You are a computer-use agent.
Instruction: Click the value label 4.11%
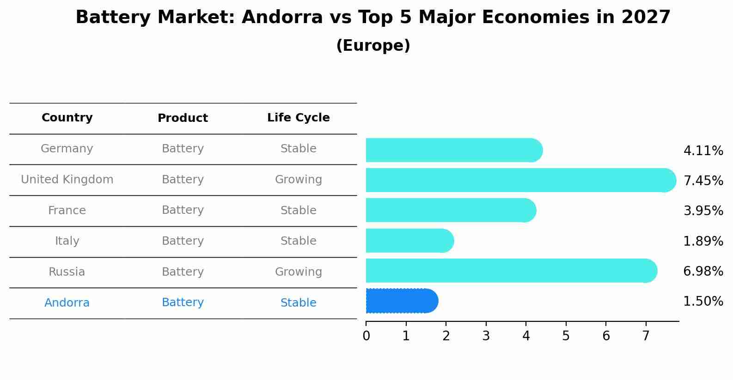click(x=703, y=151)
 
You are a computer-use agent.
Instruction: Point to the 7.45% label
click(x=703, y=181)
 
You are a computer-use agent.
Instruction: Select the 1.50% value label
click(x=703, y=302)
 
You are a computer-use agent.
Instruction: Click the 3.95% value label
click(x=703, y=211)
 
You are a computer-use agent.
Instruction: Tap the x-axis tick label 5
click(x=566, y=336)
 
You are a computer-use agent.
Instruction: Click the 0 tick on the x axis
click(x=366, y=336)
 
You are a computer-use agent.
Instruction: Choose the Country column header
click(x=67, y=118)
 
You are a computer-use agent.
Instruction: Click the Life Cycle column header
click(x=298, y=118)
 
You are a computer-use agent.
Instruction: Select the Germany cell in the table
click(x=67, y=149)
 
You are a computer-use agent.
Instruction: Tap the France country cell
click(x=67, y=211)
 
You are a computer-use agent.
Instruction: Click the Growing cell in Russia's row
click(x=298, y=272)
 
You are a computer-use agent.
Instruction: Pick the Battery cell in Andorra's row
click(x=183, y=302)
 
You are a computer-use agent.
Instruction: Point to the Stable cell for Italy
click(x=298, y=241)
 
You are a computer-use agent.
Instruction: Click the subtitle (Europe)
click(x=373, y=46)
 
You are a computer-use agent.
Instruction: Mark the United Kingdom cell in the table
click(x=67, y=180)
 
